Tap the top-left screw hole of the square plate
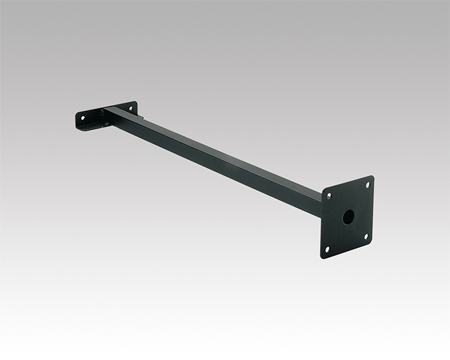(x=328, y=196)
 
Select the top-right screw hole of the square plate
(x=366, y=185)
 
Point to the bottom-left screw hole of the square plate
(x=327, y=249)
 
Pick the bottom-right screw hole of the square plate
(x=366, y=236)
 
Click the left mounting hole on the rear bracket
(x=82, y=118)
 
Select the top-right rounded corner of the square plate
(x=372, y=178)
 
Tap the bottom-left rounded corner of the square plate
(x=323, y=256)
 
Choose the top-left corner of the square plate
(x=323, y=190)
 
